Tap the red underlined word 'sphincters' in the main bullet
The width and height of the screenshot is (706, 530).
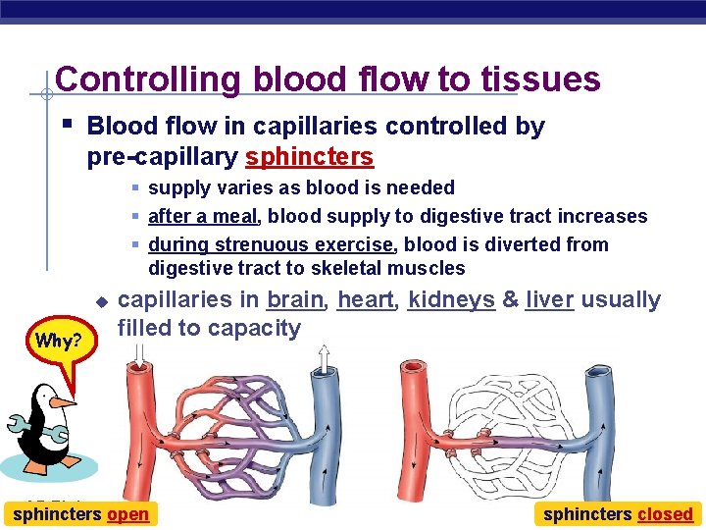pos(309,157)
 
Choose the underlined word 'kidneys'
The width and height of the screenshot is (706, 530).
pos(451,299)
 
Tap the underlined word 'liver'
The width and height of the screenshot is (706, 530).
pos(549,299)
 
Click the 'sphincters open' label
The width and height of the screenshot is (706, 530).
pos(80,513)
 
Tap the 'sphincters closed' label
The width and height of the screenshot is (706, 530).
pos(618,513)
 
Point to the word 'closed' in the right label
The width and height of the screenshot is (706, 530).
pos(665,513)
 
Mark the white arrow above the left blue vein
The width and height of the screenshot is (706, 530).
pos(323,359)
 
